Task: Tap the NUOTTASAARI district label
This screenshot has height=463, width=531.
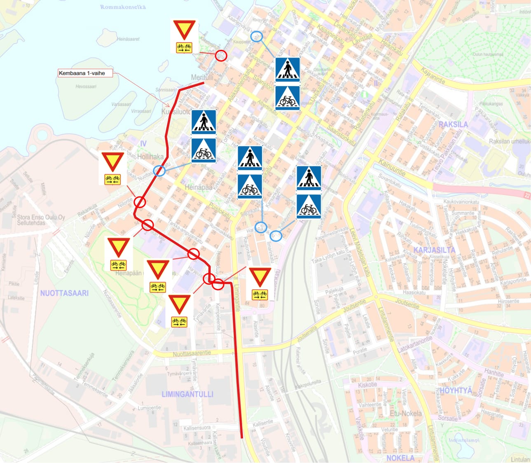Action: click(x=64, y=293)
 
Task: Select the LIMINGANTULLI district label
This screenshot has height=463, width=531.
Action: click(x=187, y=394)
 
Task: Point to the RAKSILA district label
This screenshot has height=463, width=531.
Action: click(x=453, y=124)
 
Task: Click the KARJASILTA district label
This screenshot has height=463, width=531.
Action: click(x=435, y=250)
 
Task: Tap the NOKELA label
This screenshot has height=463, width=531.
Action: click(x=400, y=458)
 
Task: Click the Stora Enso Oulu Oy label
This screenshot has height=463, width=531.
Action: click(x=41, y=220)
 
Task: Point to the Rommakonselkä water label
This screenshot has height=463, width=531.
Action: click(x=123, y=7)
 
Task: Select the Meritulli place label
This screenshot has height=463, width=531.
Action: click(x=202, y=77)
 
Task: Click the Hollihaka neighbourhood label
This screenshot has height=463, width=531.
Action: click(x=150, y=157)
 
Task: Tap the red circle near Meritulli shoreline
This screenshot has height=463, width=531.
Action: click(x=221, y=56)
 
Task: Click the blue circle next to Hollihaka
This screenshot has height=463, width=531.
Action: click(x=159, y=171)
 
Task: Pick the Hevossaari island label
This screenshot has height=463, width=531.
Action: click(x=86, y=87)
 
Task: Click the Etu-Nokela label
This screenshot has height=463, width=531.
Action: click(x=406, y=413)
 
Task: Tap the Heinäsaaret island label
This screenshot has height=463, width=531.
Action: click(x=128, y=39)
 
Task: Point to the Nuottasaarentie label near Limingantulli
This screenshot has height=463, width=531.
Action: click(x=192, y=353)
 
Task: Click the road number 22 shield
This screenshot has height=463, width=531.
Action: click(x=528, y=196)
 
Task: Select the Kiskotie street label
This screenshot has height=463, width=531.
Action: click(x=367, y=385)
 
